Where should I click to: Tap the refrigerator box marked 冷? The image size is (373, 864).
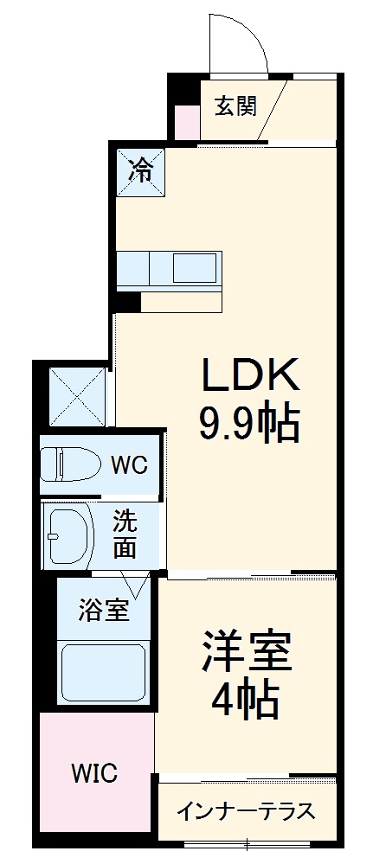coord(139,170)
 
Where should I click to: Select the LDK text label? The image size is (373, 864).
coord(250,375)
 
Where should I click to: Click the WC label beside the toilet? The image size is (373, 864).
coord(128,464)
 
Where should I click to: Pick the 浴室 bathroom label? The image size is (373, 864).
coord(104,610)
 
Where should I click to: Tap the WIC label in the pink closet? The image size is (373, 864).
coord(95,772)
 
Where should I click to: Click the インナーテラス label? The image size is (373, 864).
coord(246,812)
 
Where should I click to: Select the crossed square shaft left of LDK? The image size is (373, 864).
coord(77,395)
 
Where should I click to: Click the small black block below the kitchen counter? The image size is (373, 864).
coord(127,302)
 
